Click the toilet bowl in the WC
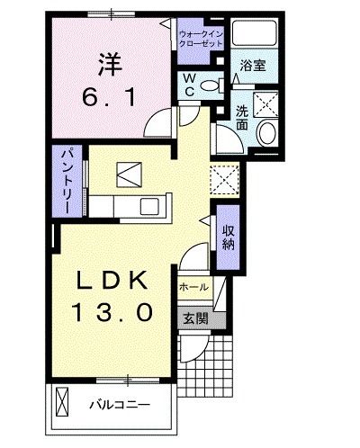point(211,86)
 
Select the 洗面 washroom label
point(242,119)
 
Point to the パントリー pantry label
point(67,179)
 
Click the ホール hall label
point(194,288)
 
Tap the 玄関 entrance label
point(195,318)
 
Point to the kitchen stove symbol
point(130,172)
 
